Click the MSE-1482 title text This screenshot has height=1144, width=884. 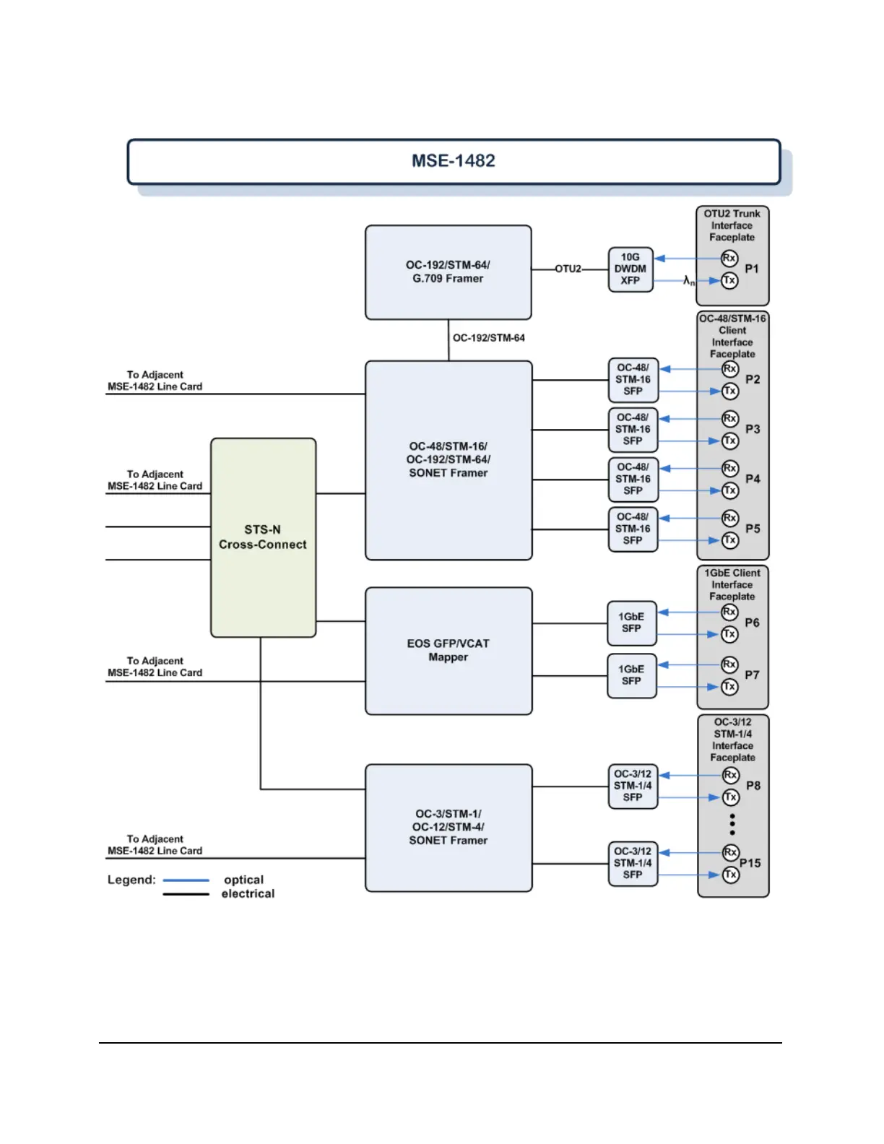pos(454,160)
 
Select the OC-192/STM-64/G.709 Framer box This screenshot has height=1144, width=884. pos(448,272)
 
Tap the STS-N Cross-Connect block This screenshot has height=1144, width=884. pos(263,537)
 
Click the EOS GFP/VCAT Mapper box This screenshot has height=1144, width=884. pos(448,650)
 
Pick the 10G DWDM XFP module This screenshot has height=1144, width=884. pos(630,269)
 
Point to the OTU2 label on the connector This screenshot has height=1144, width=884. pos(568,269)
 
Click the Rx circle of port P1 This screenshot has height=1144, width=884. pos(729,258)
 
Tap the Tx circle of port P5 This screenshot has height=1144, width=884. pos(730,540)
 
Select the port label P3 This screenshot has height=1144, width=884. pos(753,429)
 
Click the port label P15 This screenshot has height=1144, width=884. pos(750,863)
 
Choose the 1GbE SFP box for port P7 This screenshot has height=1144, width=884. pos(632,676)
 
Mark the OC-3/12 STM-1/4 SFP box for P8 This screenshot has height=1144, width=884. pos(633,786)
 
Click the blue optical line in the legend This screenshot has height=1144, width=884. pos(186,880)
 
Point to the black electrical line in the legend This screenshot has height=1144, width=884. pos(186,894)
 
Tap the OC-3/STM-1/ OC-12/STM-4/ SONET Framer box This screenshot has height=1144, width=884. pos(448,828)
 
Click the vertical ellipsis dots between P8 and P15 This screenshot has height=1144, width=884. pos(732,824)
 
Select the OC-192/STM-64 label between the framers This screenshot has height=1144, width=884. pos(489,338)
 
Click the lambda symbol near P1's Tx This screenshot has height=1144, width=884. pos(688,280)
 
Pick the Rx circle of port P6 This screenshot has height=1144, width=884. pos(730,612)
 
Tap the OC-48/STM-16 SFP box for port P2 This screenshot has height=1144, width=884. pos(633,380)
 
